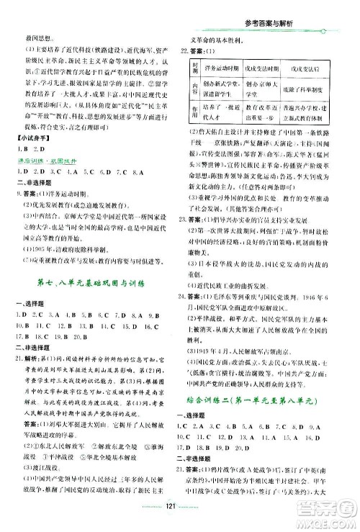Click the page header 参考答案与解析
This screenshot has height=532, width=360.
point(281,8)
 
